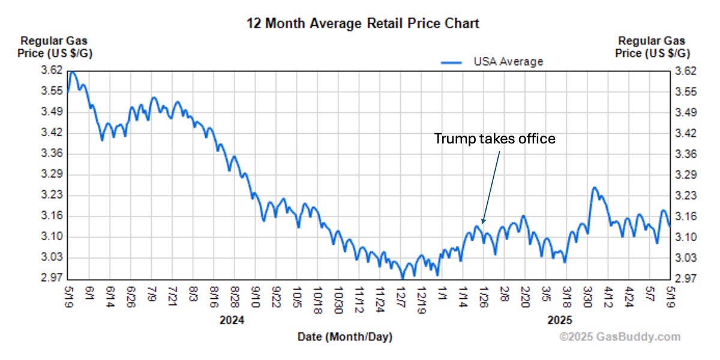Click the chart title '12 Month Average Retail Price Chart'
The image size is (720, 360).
pyautogui.click(x=363, y=23)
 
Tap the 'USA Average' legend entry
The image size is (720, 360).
pyautogui.click(x=508, y=62)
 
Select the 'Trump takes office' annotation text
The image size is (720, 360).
pyautogui.click(x=495, y=139)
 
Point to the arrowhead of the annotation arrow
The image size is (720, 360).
pyautogui.click(x=481, y=222)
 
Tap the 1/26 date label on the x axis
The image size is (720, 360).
pyautogui.click(x=483, y=295)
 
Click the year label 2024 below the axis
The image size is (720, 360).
pyautogui.click(x=232, y=320)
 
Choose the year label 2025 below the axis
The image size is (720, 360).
pyautogui.click(x=560, y=320)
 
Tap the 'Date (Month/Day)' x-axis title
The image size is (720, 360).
pyautogui.click(x=345, y=337)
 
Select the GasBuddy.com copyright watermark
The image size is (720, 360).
pyautogui.click(x=620, y=337)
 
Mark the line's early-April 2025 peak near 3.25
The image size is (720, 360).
pyautogui.click(x=594, y=188)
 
